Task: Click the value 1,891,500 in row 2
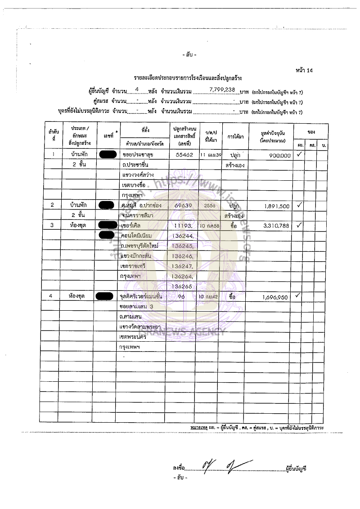277,205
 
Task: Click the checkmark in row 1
299,155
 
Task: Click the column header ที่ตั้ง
145,130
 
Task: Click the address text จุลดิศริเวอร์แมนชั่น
141,297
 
